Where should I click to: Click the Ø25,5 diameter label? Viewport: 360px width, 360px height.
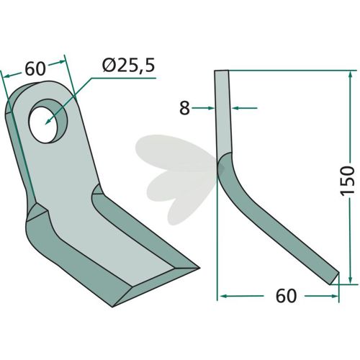pos(128,66)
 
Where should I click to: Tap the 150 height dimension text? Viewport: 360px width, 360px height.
pos(348,180)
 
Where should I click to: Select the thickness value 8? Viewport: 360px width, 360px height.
pos(184,108)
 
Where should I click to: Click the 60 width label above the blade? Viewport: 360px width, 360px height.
pos(35,68)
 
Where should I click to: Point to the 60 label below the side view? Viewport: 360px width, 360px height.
pos(286,296)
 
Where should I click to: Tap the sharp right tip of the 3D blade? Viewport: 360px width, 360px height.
pos(199,268)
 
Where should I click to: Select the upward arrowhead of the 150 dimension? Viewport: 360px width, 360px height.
pos(351,75)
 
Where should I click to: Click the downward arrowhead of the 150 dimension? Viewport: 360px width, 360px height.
pos(351,279)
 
